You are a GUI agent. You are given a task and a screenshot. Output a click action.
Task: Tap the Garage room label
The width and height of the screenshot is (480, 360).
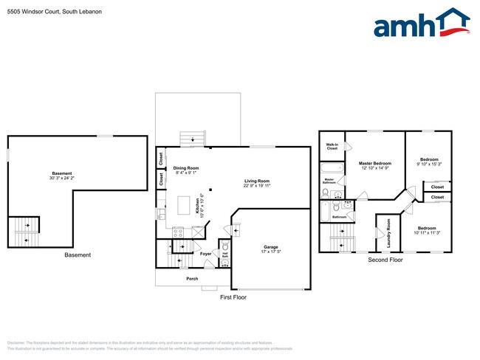click(x=270, y=247)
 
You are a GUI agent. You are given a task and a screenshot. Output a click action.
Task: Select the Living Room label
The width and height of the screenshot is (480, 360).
click(x=258, y=181)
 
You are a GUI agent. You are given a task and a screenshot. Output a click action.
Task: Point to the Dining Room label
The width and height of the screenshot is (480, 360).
click(x=186, y=168)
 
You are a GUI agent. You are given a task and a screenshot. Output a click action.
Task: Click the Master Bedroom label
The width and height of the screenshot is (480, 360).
click(x=375, y=163)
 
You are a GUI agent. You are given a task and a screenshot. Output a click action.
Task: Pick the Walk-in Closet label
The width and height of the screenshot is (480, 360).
click(x=332, y=146)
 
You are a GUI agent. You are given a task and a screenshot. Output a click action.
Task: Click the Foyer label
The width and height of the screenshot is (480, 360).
click(x=206, y=255)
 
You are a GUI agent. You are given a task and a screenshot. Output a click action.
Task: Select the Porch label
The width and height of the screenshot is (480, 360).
click(x=192, y=279)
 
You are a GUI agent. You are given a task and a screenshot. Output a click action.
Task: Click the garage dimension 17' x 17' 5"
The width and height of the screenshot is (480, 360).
click(x=270, y=252)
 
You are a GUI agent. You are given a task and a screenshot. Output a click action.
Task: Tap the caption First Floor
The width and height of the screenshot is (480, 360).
click(x=233, y=297)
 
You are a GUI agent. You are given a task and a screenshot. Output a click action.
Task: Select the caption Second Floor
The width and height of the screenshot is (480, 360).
click(x=385, y=260)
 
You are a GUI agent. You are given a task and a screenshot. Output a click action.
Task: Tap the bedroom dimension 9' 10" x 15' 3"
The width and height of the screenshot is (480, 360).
click(x=430, y=165)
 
